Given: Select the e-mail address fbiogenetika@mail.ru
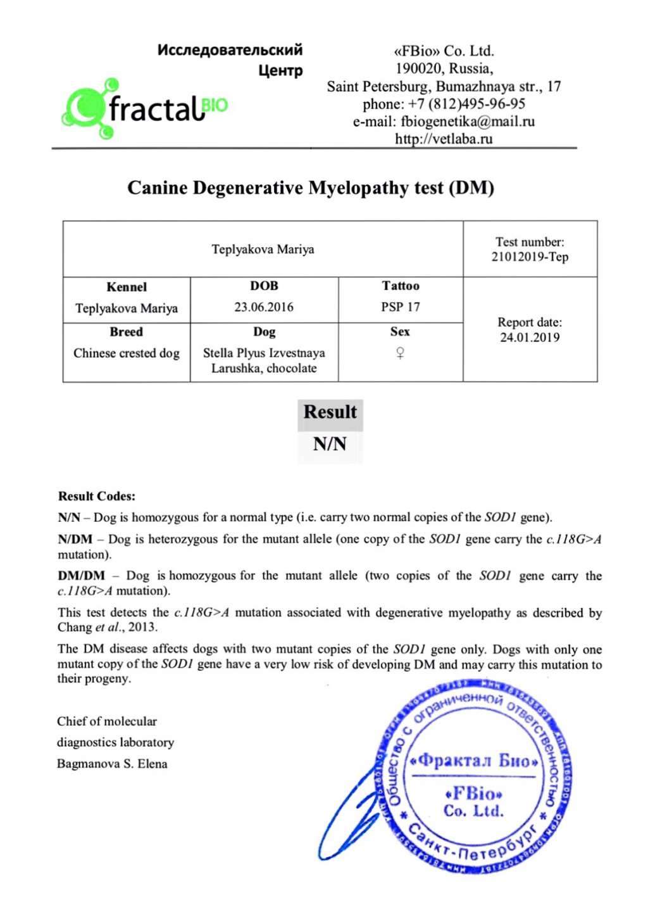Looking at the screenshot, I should [x=467, y=122].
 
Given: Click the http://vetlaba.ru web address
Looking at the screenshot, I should [x=444, y=139].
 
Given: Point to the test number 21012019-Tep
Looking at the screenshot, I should [x=530, y=257].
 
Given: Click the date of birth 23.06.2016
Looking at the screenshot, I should [x=264, y=307].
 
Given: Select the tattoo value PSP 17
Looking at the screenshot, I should [x=400, y=307].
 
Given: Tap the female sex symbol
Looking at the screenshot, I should [x=400, y=353].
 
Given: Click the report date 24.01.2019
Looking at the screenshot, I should [x=530, y=338].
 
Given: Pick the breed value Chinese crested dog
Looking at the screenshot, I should [x=127, y=353].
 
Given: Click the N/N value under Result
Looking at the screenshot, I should [x=330, y=444].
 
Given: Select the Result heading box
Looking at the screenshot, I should [x=330, y=412].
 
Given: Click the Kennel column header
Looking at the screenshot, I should [x=127, y=287].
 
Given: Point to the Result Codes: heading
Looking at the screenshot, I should [x=97, y=496].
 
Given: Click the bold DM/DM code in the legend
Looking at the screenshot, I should [x=81, y=576].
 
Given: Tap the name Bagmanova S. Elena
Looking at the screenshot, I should [x=112, y=764].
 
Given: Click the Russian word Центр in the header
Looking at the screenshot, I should [x=280, y=70].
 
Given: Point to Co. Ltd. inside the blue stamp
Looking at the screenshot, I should [x=473, y=811].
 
